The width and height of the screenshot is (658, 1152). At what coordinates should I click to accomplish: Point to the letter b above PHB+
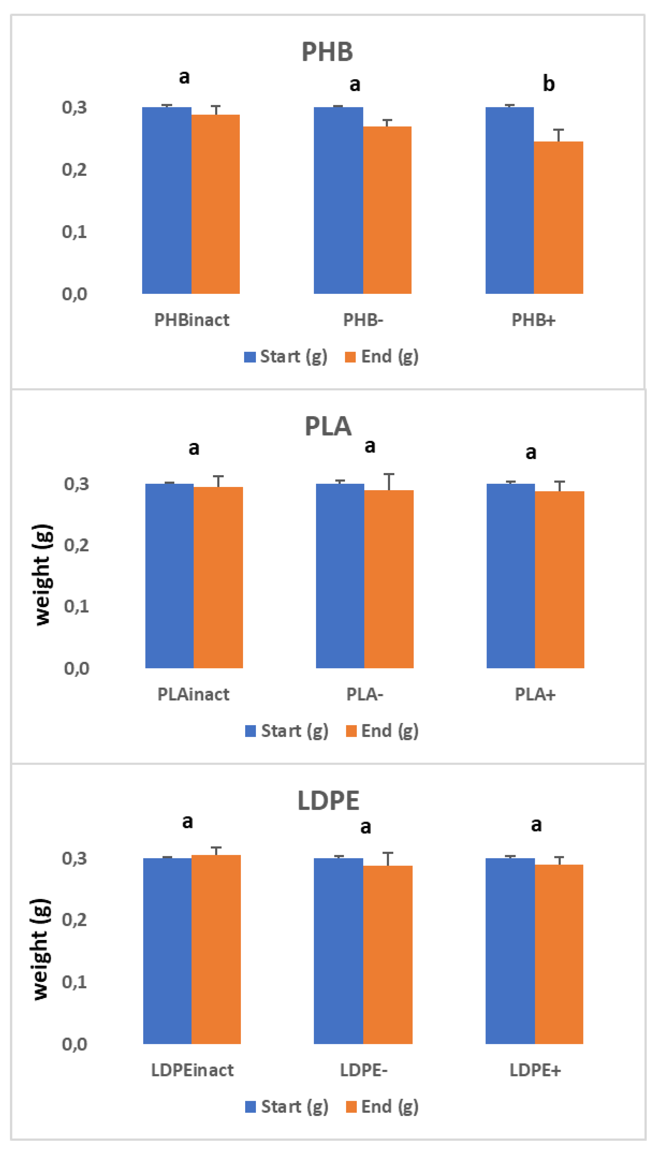coord(548,84)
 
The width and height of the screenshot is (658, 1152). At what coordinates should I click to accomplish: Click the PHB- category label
coord(363,320)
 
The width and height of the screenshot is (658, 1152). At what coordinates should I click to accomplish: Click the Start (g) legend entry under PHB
coord(286,356)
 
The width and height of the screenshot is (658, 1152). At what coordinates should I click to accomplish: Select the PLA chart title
coord(328,426)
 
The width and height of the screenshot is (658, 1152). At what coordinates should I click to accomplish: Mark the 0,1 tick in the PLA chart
coord(76,606)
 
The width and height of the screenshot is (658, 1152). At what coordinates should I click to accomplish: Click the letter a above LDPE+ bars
coord(536,825)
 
